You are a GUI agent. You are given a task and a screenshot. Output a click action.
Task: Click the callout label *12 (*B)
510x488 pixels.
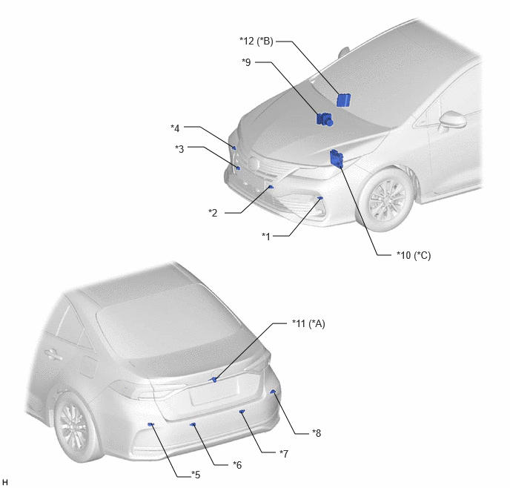256,42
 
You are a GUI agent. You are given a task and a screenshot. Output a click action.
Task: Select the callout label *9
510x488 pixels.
246,62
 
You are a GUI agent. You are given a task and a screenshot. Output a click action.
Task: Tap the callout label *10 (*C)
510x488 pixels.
414,255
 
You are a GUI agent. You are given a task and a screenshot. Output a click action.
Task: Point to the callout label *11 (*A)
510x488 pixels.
308,323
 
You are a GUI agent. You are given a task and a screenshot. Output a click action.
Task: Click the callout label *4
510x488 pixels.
175,128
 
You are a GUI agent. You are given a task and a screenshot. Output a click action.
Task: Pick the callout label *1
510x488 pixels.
266,237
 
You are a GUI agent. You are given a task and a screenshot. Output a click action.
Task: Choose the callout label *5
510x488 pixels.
196,475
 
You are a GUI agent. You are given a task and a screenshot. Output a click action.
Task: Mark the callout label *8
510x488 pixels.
317,433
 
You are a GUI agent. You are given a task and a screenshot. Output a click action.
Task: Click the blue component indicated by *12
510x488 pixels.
343,100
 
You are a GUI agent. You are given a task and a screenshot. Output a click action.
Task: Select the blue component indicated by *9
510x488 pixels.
324,119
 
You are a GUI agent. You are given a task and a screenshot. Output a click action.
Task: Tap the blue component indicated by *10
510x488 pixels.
337,159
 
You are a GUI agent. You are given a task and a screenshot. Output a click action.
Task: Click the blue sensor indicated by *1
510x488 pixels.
320,198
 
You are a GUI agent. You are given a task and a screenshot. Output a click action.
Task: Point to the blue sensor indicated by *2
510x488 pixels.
271,187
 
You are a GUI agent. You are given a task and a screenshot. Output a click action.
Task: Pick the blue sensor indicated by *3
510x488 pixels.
239,168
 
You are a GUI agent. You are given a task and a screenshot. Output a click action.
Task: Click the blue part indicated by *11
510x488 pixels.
213,379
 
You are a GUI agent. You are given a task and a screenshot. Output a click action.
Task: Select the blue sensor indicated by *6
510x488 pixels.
193,424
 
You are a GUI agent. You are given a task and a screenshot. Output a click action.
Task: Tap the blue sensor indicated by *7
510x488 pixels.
242,412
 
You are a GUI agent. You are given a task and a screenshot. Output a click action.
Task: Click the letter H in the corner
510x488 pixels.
4,482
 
